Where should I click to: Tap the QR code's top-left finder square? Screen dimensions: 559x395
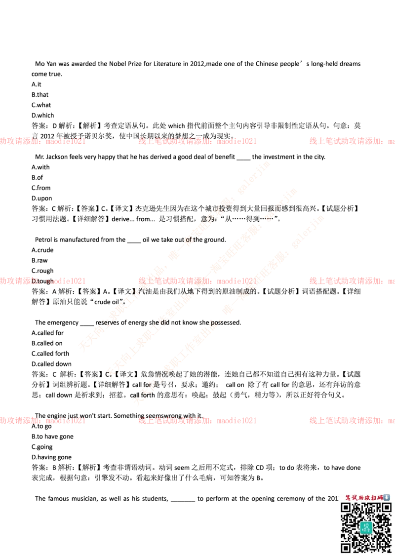tap(346, 508)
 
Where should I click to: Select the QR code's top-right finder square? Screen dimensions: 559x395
tap(386, 508)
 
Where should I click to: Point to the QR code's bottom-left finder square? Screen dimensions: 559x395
tap(346, 547)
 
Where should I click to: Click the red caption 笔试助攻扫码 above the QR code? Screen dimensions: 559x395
tap(363, 498)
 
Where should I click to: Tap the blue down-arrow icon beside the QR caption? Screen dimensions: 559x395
tap(387, 498)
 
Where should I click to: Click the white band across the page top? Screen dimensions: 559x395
tap(197, 33)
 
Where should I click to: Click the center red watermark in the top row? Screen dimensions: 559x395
tap(197, 141)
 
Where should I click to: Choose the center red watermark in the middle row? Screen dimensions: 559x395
tap(197, 281)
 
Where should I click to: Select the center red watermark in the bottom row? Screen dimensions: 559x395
tap(197, 421)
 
